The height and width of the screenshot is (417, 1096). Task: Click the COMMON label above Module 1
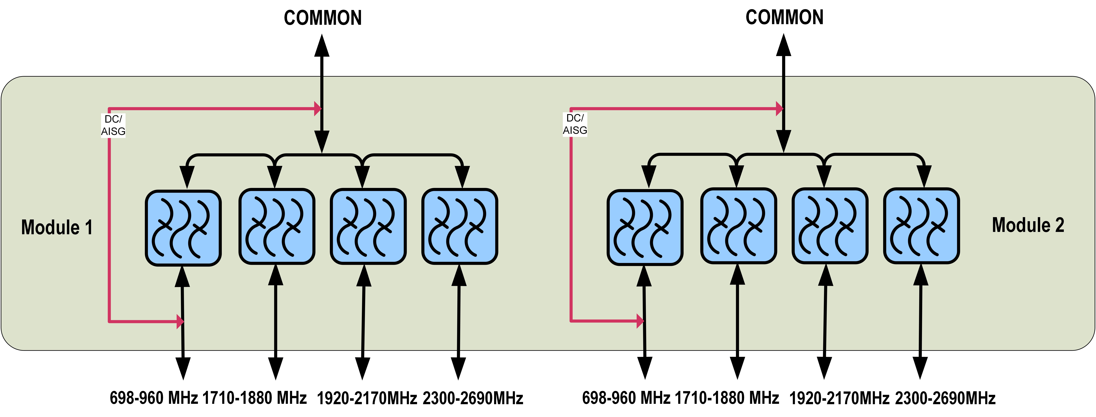click(323, 18)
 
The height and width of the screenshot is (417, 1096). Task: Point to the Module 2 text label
click(1028, 225)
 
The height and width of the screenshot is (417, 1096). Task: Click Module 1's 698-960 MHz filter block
click(183, 228)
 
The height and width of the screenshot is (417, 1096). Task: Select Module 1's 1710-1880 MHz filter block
click(277, 226)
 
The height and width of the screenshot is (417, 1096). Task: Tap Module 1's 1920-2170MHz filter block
click(368, 226)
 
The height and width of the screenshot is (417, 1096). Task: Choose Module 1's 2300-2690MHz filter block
click(459, 226)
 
